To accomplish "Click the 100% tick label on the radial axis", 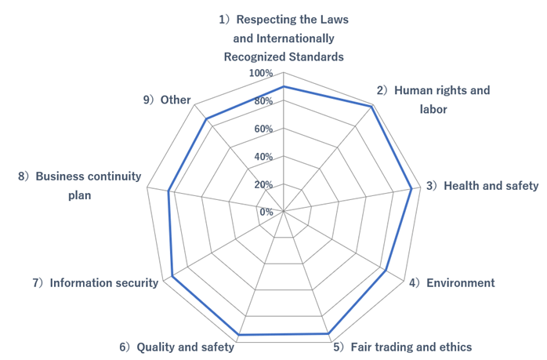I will pos(261,74).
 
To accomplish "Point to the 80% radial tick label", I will pos(263,101).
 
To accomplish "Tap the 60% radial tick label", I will pos(263,129).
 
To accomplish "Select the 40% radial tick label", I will pos(263,157).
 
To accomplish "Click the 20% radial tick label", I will pos(263,184).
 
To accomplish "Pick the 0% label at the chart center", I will pos(266,212).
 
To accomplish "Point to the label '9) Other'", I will pos(167,100).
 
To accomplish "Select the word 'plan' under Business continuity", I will pos(79,195).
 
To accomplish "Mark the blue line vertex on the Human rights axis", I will pos(370,106).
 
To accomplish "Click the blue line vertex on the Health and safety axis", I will pos(411,188).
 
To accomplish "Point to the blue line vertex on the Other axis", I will pos(206,119).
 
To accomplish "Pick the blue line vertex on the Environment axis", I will pos(388,271).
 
